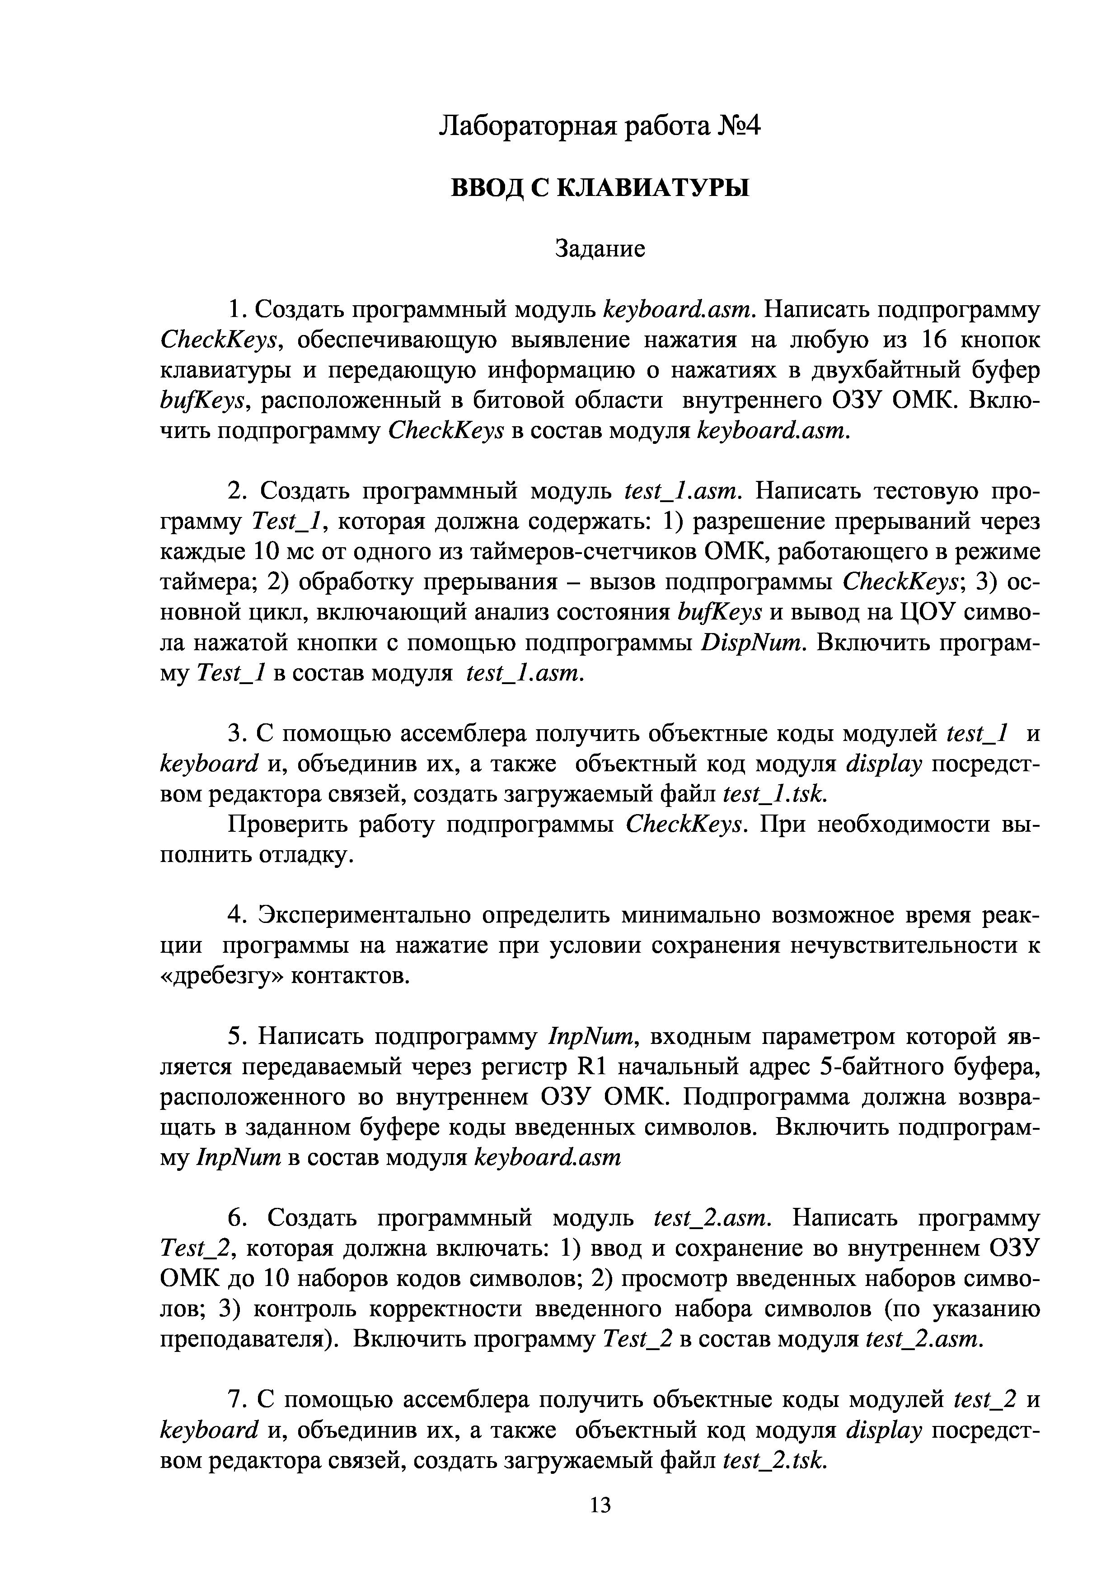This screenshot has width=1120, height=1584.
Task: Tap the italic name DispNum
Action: pos(753,643)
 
